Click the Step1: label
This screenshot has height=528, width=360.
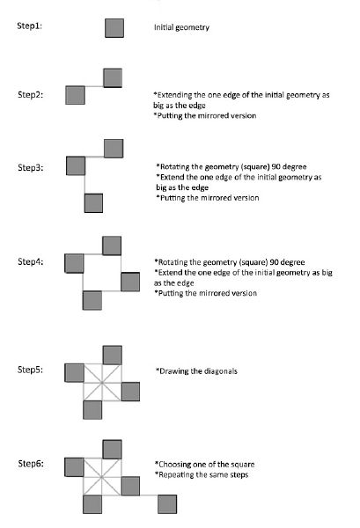[30, 26]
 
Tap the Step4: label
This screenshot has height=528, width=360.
[31, 261]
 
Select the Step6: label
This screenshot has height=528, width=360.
[31, 464]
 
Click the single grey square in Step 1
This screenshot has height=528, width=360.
[114, 28]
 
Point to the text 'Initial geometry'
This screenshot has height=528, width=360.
[181, 27]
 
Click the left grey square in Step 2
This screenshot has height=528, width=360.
[75, 95]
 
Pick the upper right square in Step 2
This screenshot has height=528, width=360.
[113, 77]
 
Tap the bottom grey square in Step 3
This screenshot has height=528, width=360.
[93, 203]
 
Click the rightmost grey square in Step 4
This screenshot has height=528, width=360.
[130, 282]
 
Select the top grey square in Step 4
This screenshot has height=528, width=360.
[112, 246]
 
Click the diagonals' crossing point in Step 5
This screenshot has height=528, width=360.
[102, 382]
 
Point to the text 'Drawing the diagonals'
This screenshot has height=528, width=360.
[196, 371]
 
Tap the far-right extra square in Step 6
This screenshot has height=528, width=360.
[167, 504]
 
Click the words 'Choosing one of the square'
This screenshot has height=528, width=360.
[205, 465]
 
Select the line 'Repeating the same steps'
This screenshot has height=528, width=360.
[202, 475]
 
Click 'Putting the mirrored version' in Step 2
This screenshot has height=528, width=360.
[205, 115]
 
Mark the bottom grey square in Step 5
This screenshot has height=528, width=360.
[92, 410]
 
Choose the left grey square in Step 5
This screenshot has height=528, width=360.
[74, 373]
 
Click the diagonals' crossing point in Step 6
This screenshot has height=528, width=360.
[101, 476]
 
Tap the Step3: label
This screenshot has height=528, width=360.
[31, 167]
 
